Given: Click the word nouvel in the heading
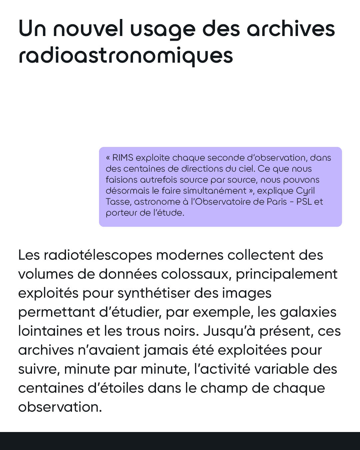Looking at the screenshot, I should point(88,29).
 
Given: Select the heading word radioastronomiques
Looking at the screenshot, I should point(126,56).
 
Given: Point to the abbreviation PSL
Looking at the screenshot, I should point(304,202).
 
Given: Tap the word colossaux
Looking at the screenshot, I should point(196,274).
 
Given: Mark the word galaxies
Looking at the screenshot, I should point(308,312).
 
